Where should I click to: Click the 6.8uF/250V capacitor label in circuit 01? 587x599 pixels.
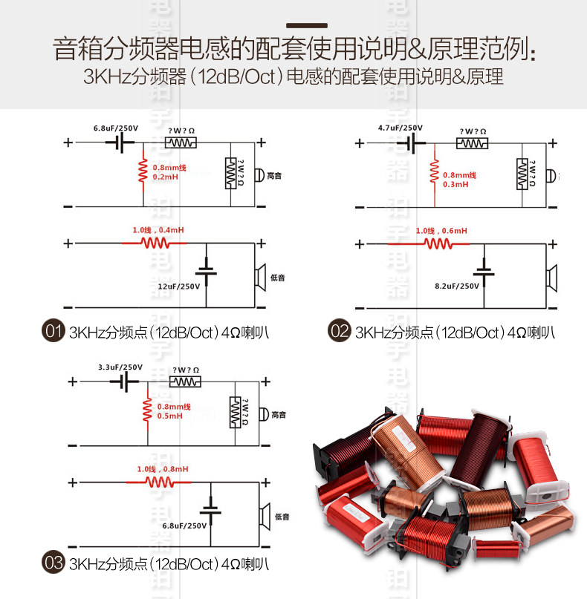[115, 128]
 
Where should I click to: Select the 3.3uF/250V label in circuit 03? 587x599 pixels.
[120, 367]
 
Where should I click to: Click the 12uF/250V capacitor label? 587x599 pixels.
[179, 286]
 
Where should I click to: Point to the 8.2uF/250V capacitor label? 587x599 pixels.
[458, 285]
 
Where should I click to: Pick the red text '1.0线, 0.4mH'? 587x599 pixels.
[158, 230]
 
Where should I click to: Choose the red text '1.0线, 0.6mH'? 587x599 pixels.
[442, 230]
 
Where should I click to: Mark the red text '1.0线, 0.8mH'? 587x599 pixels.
[163, 469]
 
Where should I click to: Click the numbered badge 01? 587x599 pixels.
[53, 332]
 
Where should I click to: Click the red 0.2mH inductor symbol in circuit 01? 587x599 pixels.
[143, 172]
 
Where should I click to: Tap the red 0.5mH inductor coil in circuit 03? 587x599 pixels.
[147, 410]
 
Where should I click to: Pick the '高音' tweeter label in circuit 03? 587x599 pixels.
[279, 414]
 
